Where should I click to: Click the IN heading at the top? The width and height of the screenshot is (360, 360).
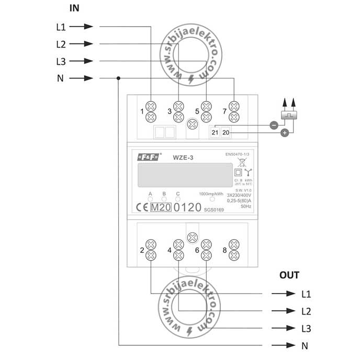pos(74,9)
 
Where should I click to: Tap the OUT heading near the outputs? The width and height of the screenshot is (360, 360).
pos(289,275)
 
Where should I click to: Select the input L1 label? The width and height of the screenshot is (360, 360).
pos(60,26)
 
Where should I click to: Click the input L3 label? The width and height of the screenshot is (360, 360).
pos(60,62)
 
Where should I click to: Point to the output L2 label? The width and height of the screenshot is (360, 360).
pos(307,311)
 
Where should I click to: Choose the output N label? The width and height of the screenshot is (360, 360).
pos(305,346)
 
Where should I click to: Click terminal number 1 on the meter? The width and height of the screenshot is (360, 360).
pos(142,111)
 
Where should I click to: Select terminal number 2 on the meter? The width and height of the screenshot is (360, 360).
pos(142,250)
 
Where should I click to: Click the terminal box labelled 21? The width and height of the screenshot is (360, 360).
pos(215,133)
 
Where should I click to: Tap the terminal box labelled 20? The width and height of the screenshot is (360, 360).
pos(226,133)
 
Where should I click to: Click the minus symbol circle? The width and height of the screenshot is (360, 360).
pos(273,125)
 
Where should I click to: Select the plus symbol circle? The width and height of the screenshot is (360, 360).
pos(285,133)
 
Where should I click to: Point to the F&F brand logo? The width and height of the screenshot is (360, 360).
pos(151,157)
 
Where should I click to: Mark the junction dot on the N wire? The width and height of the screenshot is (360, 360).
pos(119,79)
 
